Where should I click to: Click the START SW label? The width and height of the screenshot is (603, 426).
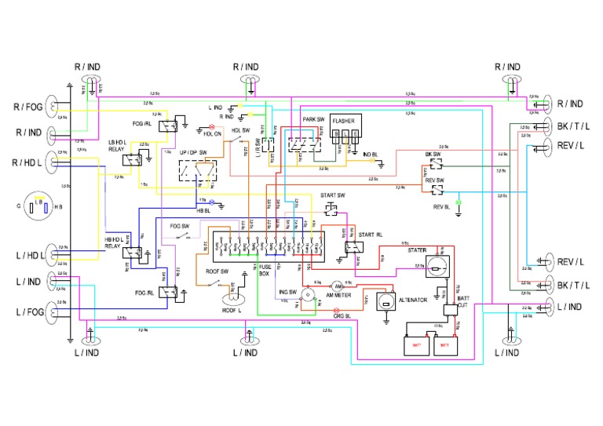pyautogui.click(x=333, y=195)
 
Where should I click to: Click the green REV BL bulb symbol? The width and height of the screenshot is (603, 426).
pyautogui.click(x=459, y=202)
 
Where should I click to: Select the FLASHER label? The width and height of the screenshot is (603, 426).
pyautogui.click(x=343, y=122)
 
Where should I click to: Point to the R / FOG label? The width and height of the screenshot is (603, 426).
pyautogui.click(x=27, y=106)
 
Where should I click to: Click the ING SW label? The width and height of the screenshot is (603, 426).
pyautogui.click(x=287, y=291)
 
